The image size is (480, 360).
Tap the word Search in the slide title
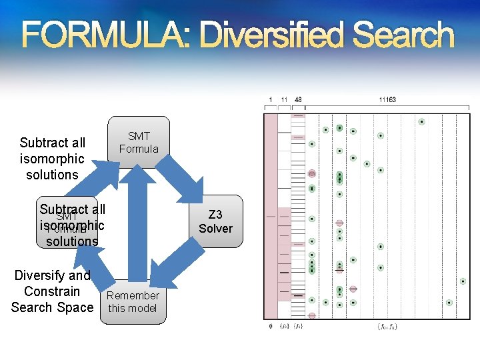coord(405,35)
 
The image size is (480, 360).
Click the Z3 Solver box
coord(220,221)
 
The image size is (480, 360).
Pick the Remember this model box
coord(133,301)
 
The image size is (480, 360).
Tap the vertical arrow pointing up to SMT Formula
coord(137,220)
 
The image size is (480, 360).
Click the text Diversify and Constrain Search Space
coord(52,291)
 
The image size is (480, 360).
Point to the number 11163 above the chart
coord(387,100)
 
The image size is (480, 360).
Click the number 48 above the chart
coord(298,100)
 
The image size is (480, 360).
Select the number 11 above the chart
coord(284,100)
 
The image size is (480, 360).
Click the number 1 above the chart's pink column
coord(270,100)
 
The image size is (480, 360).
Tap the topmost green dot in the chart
coord(421,122)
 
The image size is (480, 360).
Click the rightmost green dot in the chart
coord(463,281)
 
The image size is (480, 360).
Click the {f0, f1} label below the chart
coord(387,327)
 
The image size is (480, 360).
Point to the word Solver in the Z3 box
coord(215,229)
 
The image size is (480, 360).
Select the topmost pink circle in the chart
coord(312,173)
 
